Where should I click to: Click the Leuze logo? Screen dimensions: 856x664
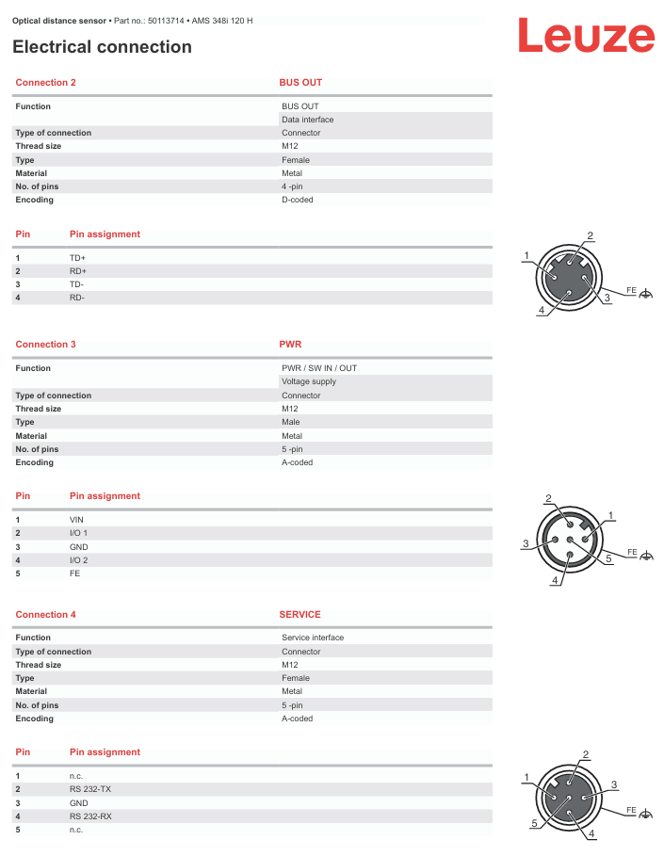click(x=585, y=37)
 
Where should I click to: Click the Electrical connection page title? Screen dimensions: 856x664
click(x=102, y=47)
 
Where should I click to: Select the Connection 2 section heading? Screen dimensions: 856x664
click(x=46, y=83)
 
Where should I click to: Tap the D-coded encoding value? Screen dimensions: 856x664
click(x=298, y=200)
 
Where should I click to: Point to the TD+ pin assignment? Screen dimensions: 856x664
click(x=77, y=257)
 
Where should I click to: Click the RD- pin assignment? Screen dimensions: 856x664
click(x=77, y=298)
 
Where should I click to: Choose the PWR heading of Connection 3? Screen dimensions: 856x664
click(x=290, y=345)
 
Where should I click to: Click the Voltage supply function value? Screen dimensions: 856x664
click(x=309, y=381)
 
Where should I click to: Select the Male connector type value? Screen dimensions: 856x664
click(x=291, y=422)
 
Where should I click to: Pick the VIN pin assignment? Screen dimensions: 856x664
click(x=76, y=520)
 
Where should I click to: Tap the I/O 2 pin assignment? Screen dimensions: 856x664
click(x=78, y=559)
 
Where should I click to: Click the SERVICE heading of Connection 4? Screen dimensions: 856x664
click(x=300, y=615)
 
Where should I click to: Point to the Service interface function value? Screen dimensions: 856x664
click(x=313, y=638)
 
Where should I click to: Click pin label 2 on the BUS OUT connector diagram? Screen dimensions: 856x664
click(x=591, y=235)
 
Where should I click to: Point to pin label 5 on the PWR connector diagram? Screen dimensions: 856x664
click(x=609, y=558)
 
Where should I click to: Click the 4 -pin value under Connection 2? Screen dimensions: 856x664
click(x=292, y=186)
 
